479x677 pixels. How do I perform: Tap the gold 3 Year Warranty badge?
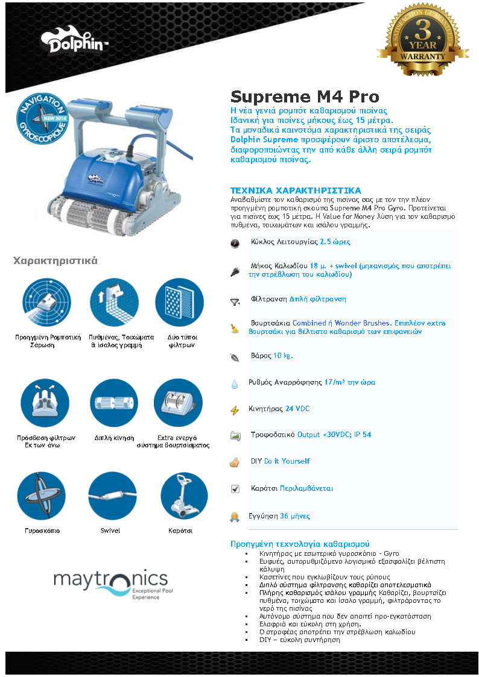(x=422, y=40)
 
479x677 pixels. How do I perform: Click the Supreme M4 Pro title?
(x=305, y=96)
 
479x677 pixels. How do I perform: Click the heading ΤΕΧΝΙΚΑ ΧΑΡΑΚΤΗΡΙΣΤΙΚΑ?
(x=296, y=191)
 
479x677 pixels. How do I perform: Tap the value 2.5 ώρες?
(x=335, y=242)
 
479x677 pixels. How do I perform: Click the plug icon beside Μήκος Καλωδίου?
(x=235, y=271)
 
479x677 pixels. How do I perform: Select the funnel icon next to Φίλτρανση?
(x=235, y=302)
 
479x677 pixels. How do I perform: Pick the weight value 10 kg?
(x=283, y=356)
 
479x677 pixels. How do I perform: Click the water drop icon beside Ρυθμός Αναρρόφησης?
(x=235, y=384)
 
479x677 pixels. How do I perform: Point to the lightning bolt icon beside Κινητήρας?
(x=235, y=410)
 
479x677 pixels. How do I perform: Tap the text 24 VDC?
(x=297, y=409)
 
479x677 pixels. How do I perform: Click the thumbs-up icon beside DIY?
(x=235, y=462)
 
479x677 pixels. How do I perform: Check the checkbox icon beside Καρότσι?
(x=235, y=489)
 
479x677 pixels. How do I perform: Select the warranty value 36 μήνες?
(x=295, y=516)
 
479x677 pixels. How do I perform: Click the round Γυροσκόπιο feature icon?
(x=42, y=496)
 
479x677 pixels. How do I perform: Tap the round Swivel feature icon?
(x=112, y=496)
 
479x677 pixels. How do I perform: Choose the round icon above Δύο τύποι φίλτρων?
(x=179, y=302)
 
